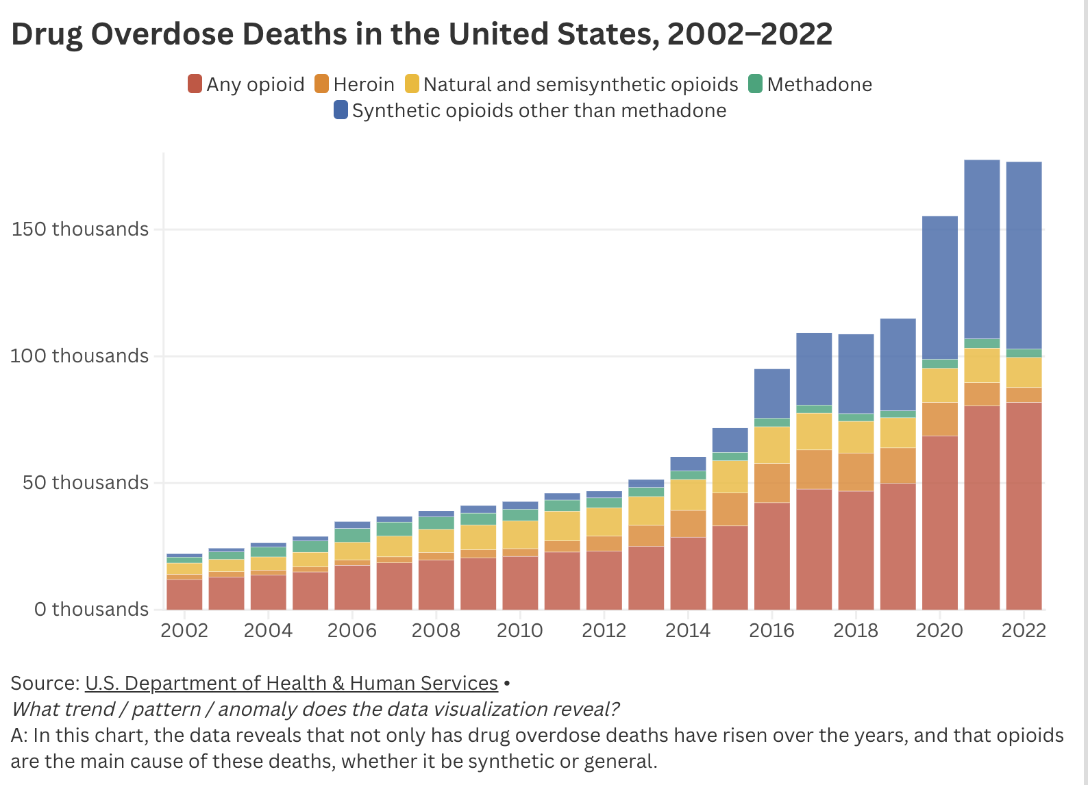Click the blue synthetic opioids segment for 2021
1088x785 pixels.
point(981,249)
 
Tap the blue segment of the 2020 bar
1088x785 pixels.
point(939,288)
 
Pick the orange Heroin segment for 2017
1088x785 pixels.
point(814,469)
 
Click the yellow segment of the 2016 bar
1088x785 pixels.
point(771,445)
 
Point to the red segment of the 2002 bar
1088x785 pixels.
point(184,595)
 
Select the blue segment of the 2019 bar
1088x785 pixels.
point(898,364)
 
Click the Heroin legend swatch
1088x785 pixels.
point(321,84)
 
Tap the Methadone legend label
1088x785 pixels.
point(819,84)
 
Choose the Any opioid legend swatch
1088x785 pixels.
point(195,84)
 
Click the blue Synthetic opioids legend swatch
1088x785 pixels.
point(341,110)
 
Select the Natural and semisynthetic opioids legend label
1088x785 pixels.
point(580,84)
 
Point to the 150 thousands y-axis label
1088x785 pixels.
point(80,229)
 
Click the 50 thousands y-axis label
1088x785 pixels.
point(86,482)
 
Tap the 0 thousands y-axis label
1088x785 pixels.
point(91,609)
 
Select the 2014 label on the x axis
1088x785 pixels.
point(688,630)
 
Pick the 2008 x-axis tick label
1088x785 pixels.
point(436,630)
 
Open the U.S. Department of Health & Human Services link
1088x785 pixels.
point(291,683)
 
